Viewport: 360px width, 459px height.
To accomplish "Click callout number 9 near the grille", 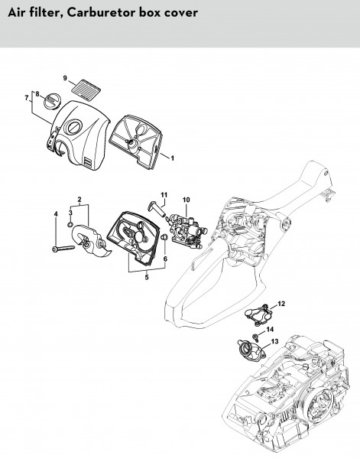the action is (65, 78).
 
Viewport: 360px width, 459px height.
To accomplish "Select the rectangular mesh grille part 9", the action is (86, 87).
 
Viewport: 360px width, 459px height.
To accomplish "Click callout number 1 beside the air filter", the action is (172, 158).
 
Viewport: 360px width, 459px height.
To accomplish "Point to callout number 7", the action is (27, 98).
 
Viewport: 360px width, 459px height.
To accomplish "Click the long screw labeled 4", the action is (63, 249).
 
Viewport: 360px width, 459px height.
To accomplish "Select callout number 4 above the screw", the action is (56, 214).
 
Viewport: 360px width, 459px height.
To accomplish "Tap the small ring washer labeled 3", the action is (70, 224).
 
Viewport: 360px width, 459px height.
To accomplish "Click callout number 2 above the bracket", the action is (79, 200).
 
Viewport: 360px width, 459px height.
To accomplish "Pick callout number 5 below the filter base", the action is (147, 277).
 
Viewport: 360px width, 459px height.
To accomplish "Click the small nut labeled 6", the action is (164, 236).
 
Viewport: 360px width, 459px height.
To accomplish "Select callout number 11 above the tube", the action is (164, 194).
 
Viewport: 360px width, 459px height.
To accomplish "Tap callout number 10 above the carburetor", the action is (186, 200).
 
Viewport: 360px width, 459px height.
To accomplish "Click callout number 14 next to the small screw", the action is (270, 330).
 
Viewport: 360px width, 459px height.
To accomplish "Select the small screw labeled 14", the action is (255, 337).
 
